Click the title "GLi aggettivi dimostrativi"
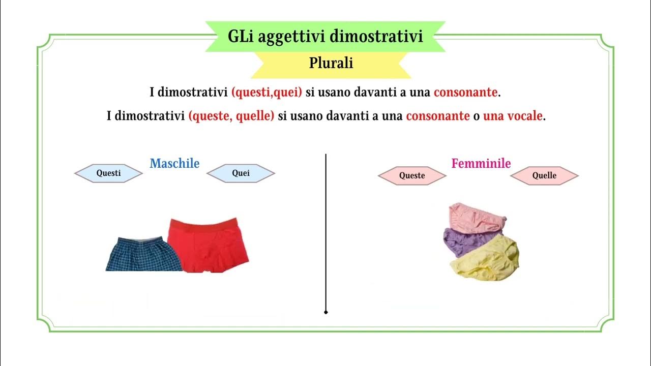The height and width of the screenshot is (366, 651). click(325, 37)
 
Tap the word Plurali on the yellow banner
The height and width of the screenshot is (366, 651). click(331, 64)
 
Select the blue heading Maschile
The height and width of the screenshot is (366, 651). click(174, 164)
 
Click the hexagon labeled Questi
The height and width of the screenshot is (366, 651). click(108, 173)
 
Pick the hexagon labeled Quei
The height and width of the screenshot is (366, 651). click(241, 173)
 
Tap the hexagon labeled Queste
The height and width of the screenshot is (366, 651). click(412, 176)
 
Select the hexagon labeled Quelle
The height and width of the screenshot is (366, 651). click(544, 176)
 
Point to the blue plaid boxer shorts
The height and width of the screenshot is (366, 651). click(143, 254)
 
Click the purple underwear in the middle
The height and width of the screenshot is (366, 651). click(468, 241)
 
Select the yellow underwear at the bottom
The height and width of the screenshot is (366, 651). click(486, 260)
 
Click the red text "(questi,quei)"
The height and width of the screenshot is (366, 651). click(267, 93)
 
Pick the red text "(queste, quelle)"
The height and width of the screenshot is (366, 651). click(231, 116)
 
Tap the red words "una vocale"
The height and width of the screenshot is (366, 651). click(513, 116)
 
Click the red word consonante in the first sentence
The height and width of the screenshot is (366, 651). click(465, 93)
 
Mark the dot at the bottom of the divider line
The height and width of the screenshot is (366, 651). click(325, 312)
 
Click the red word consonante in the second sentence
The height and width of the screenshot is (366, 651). click(437, 116)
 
